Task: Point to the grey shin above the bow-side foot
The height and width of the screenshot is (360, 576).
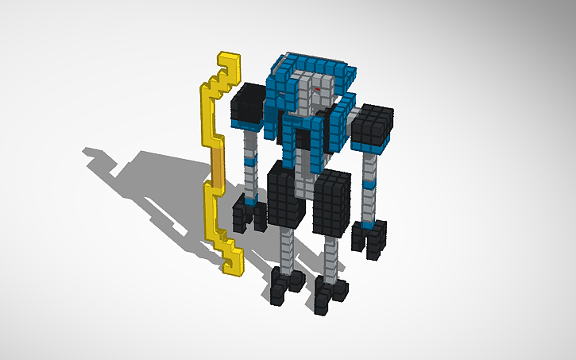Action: pos(289,246)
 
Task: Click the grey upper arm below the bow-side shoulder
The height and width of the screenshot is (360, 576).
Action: pos(252,143)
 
